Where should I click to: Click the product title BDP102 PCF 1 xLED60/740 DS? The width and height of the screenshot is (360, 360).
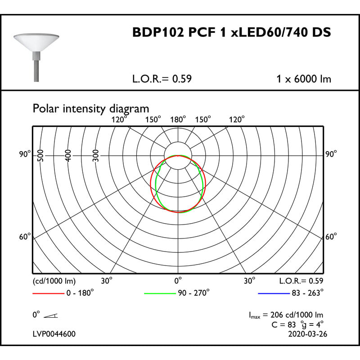pos(232,32)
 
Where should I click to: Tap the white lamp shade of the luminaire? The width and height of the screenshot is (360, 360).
pos(36,42)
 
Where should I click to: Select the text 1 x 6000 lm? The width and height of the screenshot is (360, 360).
pos(304,79)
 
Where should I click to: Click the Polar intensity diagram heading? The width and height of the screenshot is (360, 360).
pos(91,108)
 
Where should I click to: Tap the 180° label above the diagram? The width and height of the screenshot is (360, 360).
pos(178,120)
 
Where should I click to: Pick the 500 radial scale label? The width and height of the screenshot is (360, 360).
pos(40,156)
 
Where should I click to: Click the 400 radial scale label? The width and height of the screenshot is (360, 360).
pos(68,156)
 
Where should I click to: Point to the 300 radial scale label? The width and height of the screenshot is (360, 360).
pos(96,156)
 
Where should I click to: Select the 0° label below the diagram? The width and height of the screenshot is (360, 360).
pos(178,280)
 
